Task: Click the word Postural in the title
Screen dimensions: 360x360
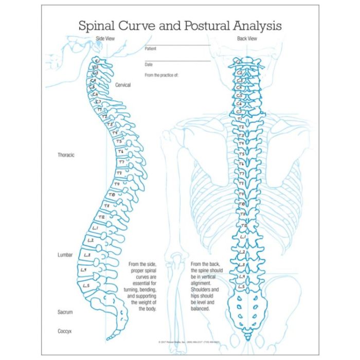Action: (194, 25)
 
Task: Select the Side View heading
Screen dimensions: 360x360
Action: (105, 39)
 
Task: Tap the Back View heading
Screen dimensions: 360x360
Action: (246, 39)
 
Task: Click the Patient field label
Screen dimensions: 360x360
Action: (150, 49)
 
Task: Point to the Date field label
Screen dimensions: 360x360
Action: (149, 65)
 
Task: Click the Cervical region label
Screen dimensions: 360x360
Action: (123, 85)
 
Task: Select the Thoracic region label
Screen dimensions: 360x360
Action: (66, 155)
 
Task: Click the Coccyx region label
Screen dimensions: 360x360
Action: (65, 332)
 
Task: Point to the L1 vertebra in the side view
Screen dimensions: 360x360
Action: (96, 228)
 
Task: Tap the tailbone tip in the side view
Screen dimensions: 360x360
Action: (110, 338)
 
